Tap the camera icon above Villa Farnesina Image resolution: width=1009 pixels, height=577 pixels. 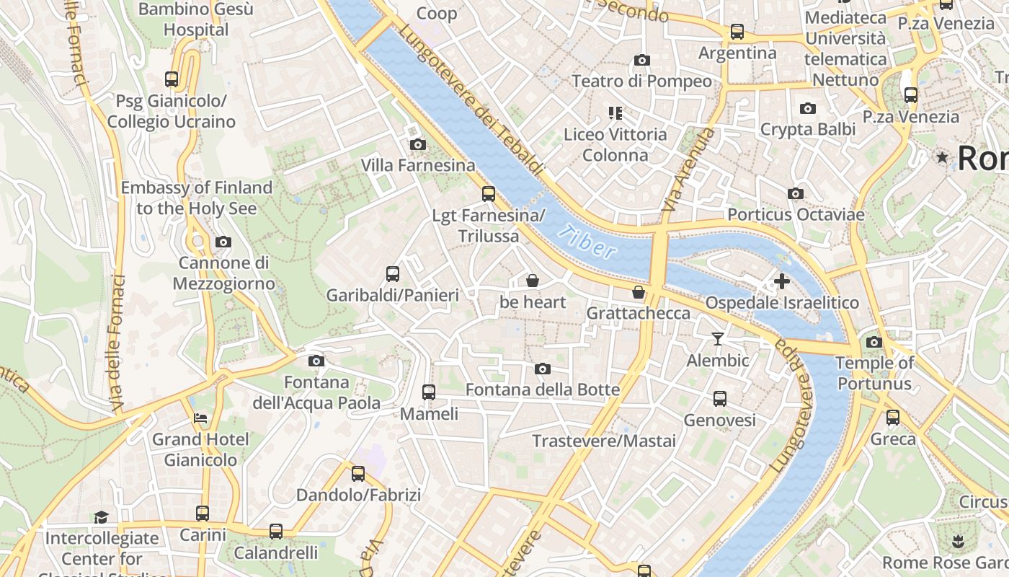(x=417, y=144)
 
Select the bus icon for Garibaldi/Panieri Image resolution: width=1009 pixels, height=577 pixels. (x=393, y=274)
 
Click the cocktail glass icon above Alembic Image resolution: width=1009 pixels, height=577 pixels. (x=718, y=338)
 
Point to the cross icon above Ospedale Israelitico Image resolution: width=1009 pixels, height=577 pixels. (x=782, y=281)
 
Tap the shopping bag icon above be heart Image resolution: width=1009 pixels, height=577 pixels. (x=533, y=281)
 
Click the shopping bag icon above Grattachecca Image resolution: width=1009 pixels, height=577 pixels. (x=639, y=292)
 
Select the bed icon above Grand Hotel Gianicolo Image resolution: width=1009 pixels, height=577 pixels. (x=200, y=418)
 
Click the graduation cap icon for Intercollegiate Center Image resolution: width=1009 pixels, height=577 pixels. (x=101, y=517)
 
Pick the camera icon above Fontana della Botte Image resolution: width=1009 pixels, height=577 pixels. (x=543, y=369)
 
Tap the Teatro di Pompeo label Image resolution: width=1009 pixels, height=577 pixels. (x=641, y=81)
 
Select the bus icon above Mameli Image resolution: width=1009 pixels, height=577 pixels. (x=429, y=392)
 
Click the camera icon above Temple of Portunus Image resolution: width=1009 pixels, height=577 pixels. (x=874, y=342)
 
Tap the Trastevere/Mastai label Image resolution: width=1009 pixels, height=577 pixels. (x=604, y=441)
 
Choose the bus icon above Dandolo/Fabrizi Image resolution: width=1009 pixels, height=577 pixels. (x=358, y=474)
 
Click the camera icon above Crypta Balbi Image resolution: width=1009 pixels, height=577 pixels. (x=808, y=108)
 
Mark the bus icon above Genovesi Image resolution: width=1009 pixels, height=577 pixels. (x=719, y=399)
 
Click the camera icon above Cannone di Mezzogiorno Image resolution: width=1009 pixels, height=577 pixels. (x=223, y=242)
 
